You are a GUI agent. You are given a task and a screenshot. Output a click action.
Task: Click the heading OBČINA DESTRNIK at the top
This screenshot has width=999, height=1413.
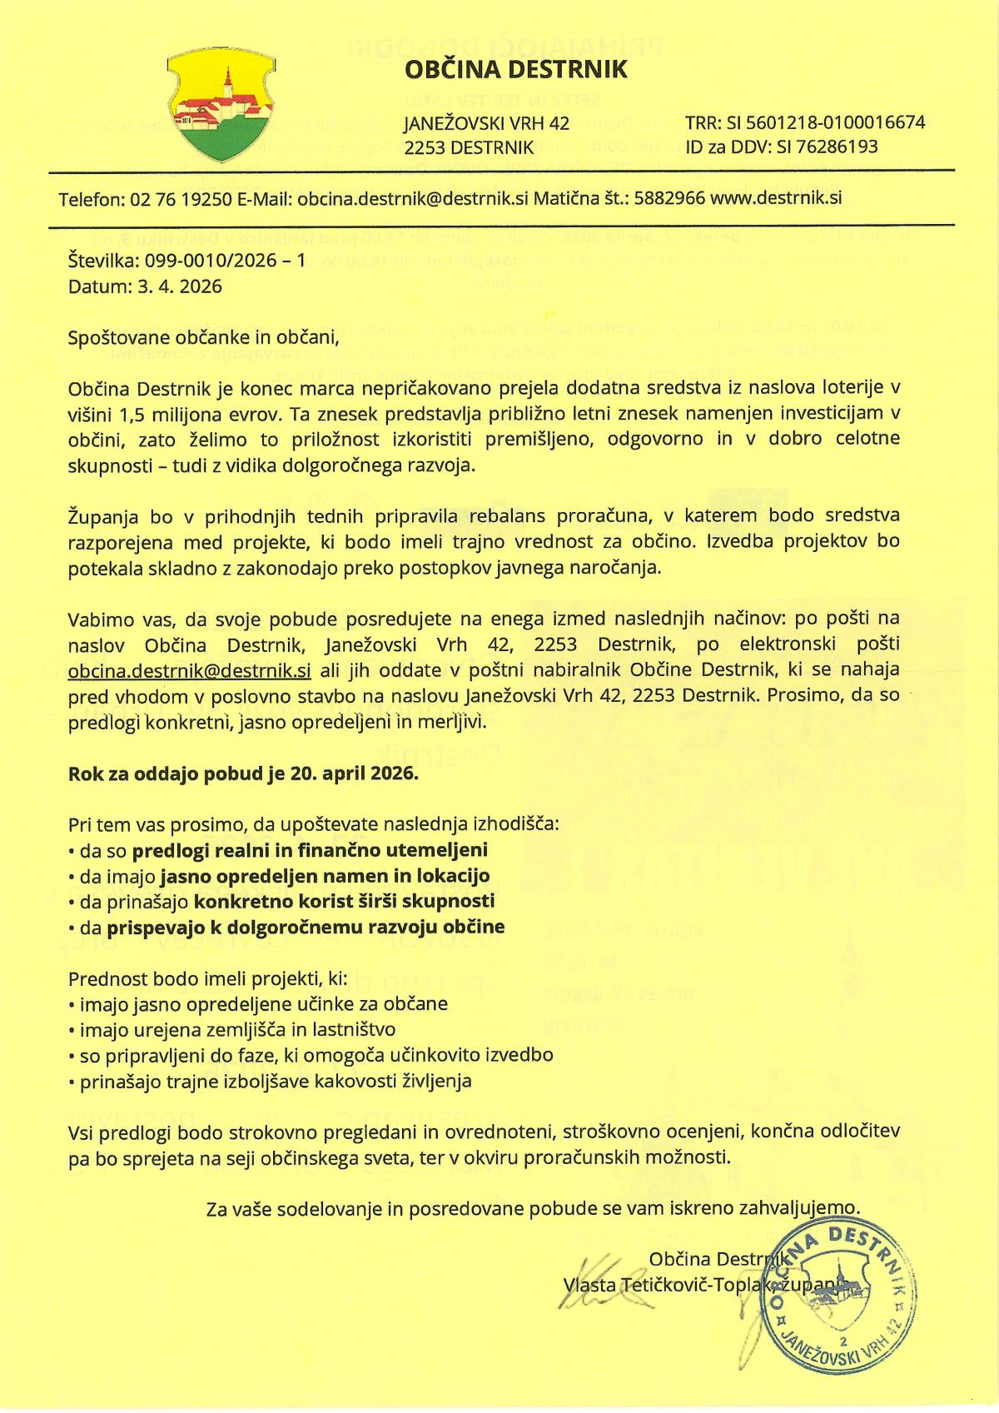[x=516, y=71]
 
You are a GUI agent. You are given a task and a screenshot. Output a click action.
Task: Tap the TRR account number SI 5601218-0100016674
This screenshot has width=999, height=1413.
[x=828, y=123]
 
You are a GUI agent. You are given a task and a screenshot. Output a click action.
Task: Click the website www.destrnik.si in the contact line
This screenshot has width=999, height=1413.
[x=777, y=199]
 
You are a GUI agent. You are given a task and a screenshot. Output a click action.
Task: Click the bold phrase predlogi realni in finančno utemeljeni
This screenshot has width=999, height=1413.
[x=310, y=850]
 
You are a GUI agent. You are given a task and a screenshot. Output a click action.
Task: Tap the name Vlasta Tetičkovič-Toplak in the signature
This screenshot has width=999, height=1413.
[x=666, y=1285]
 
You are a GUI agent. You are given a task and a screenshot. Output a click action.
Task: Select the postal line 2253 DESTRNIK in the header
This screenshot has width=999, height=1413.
[x=468, y=147]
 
